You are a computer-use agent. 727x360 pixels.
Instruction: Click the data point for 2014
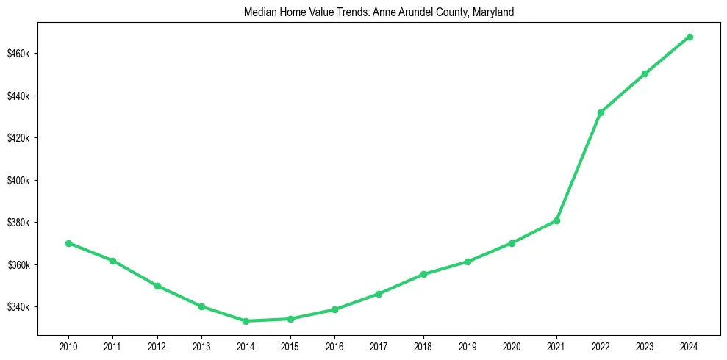pos(246,321)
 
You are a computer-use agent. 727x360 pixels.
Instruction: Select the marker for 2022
pos(601,112)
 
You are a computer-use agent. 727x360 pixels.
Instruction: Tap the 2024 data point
pos(690,37)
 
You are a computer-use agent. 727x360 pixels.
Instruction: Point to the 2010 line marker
pos(68,243)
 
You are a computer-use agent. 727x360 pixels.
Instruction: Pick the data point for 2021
pos(556,220)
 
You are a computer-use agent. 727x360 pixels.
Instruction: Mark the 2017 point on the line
pos(379,294)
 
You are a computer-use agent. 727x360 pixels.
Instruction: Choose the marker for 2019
pos(468,262)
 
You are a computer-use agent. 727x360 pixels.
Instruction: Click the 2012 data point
pos(157,286)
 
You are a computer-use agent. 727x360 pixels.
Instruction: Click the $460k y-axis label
pos(24,54)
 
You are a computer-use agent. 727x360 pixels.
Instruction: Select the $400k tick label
pos(24,181)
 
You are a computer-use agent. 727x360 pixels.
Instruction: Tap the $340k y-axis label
pos(24,307)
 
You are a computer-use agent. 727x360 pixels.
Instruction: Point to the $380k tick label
pos(24,223)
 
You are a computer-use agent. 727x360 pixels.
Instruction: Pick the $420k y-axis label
pos(24,138)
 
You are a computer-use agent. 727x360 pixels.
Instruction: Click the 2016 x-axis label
pos(334,345)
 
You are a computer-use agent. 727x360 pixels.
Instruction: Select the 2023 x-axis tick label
pos(645,345)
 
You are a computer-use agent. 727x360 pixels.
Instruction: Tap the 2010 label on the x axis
pos(68,345)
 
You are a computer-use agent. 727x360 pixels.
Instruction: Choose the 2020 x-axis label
pos(512,345)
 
